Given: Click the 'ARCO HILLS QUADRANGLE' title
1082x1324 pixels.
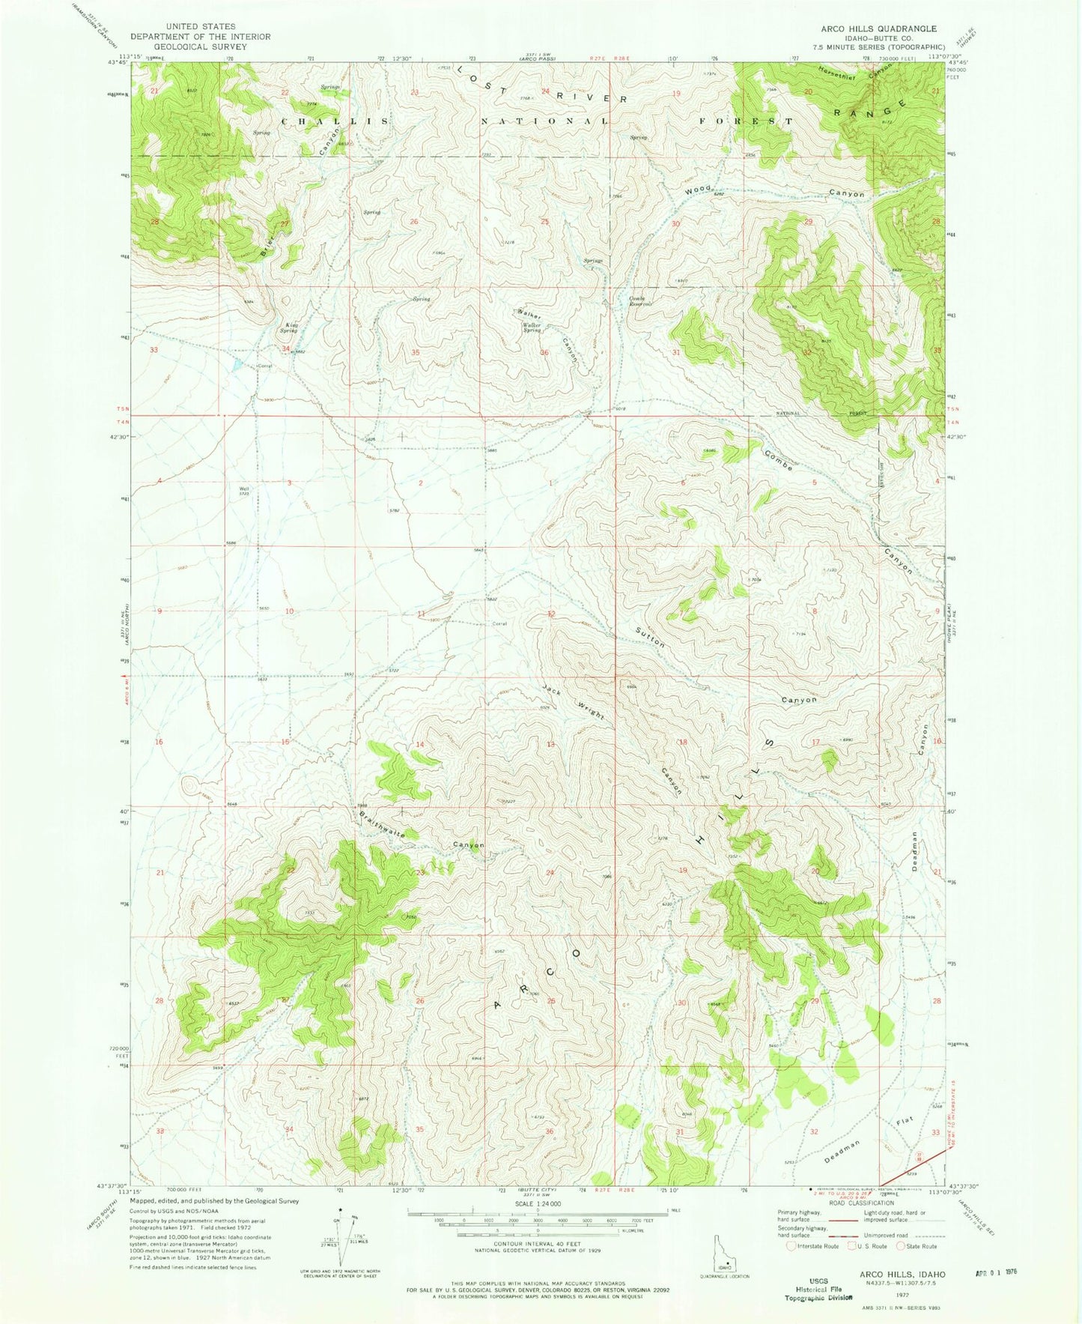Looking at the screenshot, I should (x=878, y=28).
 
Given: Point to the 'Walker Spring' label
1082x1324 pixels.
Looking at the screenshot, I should (x=532, y=327).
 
